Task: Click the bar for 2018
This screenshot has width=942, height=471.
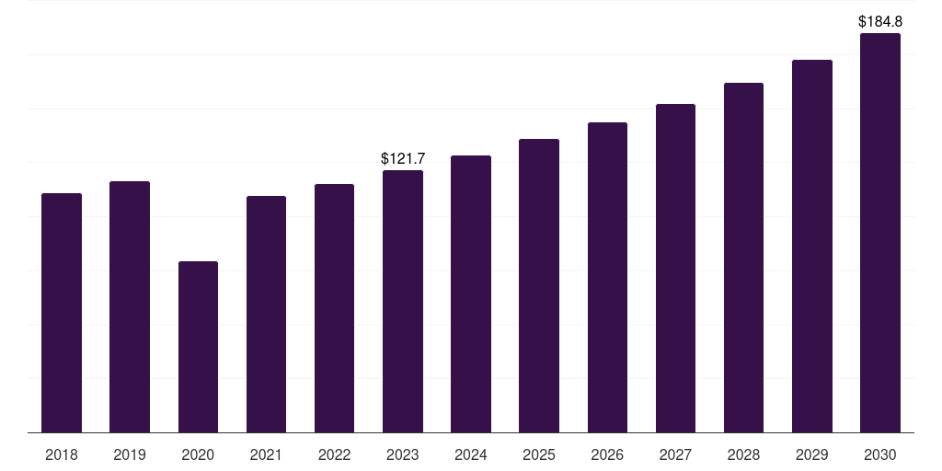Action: [62, 313]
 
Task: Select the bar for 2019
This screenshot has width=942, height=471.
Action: [130, 307]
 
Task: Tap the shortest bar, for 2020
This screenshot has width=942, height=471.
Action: [199, 347]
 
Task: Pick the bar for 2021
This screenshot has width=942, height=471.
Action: [266, 315]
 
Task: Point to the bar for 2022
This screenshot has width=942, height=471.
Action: [334, 308]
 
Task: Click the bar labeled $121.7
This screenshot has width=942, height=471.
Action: [403, 302]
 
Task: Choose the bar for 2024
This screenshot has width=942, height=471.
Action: [471, 294]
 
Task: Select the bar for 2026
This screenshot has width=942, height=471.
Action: [607, 278]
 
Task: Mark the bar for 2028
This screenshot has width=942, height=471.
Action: [743, 258]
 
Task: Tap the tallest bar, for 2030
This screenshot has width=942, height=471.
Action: [880, 233]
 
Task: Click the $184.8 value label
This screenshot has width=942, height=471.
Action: [880, 22]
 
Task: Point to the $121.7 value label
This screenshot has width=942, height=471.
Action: [403, 158]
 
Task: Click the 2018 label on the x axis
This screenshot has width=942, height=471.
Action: [62, 454]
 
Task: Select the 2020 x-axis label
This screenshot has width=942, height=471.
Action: [198, 454]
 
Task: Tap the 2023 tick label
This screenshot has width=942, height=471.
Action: [403, 454]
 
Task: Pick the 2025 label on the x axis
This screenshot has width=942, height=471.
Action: [539, 454]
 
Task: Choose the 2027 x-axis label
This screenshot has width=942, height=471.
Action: [675, 454]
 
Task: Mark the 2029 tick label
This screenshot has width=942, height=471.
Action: [811, 454]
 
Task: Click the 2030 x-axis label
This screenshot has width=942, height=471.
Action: [880, 454]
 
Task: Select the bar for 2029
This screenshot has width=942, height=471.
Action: [812, 247]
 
